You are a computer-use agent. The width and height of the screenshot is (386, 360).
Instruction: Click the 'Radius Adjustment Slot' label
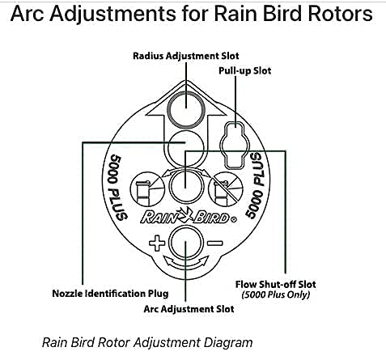pos(186,56)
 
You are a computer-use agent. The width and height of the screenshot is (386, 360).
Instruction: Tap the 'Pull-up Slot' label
pos(244,70)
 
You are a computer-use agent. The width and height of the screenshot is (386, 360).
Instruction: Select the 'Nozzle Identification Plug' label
pos(110,293)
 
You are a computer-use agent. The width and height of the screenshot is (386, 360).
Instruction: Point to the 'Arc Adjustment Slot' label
pos(189,309)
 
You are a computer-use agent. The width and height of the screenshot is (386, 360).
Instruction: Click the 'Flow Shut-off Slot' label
pos(275,284)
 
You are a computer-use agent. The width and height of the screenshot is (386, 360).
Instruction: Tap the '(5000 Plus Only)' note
pos(276,294)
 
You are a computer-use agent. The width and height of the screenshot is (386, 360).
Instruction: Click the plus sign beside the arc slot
pos(157,244)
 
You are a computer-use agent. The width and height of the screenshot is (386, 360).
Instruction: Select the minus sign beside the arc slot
pos(215,244)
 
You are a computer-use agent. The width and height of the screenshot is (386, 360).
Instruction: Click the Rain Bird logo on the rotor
pos(189,215)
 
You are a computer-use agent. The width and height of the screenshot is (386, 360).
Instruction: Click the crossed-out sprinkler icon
pos(226,189)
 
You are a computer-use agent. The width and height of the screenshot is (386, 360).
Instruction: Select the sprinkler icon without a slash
pos(147,189)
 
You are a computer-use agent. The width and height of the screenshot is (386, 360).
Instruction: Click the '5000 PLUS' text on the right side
pos(255,185)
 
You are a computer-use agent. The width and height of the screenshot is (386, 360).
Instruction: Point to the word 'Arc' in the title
pos(27,14)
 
